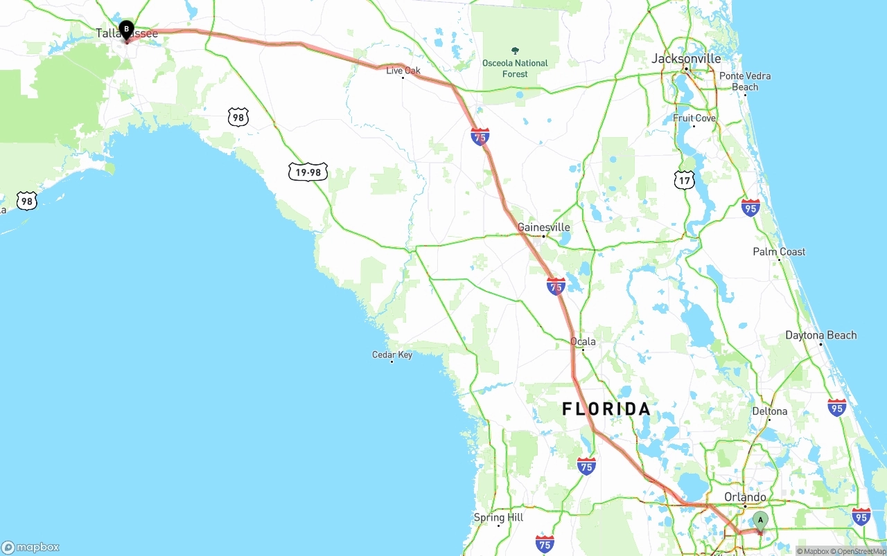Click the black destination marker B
tap(126, 30)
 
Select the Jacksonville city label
tap(686, 59)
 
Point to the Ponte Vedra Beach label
tap(745, 81)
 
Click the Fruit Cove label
tap(694, 118)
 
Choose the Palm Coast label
tap(779, 252)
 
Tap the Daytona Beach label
tap(820, 335)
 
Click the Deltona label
tap(770, 411)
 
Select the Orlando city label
tap(745, 497)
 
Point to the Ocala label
tap(583, 341)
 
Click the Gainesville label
tap(544, 227)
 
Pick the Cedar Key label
tap(392, 355)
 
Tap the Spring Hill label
tap(498, 517)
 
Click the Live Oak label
tap(403, 71)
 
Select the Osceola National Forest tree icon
tap(515, 51)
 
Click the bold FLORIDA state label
tap(606, 409)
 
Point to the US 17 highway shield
tap(684, 180)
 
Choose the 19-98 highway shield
tap(308, 172)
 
